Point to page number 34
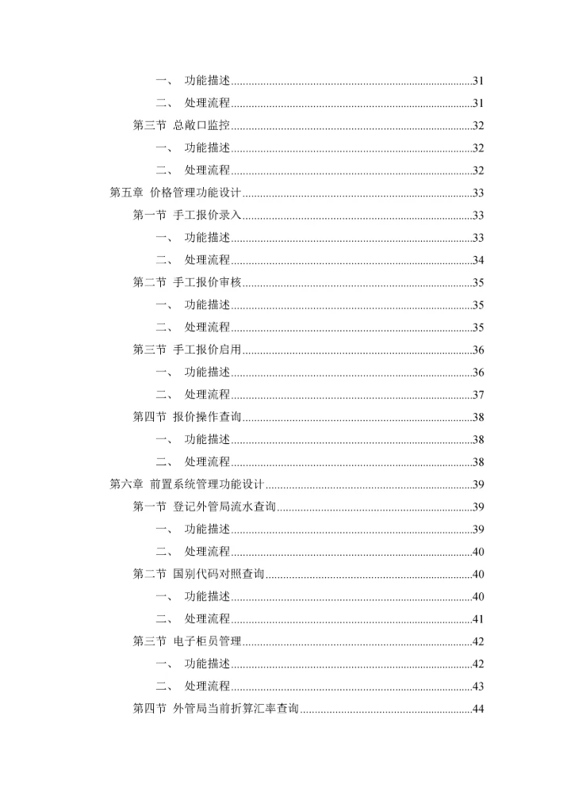click(478, 260)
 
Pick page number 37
click(478, 395)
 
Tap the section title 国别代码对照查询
click(218, 574)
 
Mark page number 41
click(478, 619)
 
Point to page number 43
click(478, 687)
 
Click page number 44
click(478, 709)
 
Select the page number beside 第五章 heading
click(478, 193)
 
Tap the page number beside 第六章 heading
click(478, 484)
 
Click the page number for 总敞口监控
click(478, 125)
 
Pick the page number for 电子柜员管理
click(478, 641)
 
